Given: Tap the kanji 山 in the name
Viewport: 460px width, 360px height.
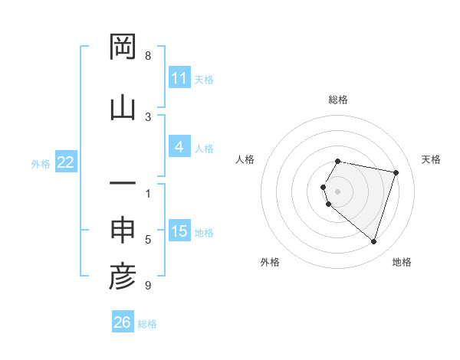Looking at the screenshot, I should click(123, 106).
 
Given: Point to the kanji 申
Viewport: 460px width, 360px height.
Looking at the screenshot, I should click(123, 230).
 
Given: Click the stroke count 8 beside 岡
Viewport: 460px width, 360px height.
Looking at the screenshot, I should click(148, 56).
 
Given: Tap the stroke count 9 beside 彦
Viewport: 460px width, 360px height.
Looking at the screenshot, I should click(148, 286).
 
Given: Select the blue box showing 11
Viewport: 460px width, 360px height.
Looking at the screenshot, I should click(179, 78).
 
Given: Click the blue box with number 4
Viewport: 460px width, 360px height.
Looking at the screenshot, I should click(179, 147).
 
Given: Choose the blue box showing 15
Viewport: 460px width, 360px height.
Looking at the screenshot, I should click(179, 231).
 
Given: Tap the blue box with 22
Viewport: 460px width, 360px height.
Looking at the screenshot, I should click(66, 162).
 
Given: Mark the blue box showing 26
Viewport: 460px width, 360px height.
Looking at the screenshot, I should click(123, 322).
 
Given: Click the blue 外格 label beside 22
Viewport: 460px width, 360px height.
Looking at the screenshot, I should click(41, 163).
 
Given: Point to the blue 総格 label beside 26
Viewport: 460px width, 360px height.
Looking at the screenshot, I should click(147, 324).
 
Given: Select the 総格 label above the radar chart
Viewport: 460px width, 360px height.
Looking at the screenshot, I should click(338, 100).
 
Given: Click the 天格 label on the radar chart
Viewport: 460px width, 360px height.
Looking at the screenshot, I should click(432, 159).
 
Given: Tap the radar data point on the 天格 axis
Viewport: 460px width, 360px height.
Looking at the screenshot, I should click(396, 172).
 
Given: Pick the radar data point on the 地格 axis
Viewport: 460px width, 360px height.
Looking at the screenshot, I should click(373, 241).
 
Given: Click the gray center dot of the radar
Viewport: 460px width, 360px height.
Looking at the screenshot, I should click(338, 191).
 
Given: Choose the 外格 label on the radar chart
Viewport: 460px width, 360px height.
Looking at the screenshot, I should click(270, 262).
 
